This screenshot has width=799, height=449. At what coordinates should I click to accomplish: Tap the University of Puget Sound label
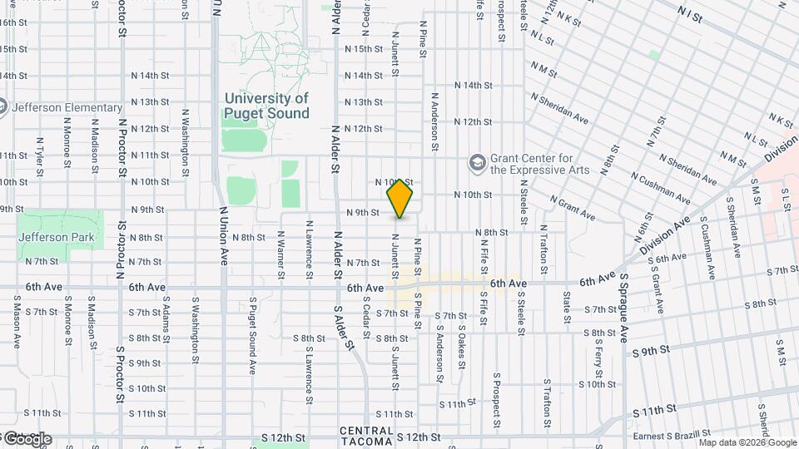266,106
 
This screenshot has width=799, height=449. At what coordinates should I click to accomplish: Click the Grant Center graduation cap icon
477,161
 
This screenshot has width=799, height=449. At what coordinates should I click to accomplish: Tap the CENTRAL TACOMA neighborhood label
367,436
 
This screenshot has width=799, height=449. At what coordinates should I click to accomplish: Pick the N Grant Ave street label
572,209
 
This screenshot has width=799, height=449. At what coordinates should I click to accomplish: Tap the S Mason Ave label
16,323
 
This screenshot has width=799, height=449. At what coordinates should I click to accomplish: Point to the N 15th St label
363,49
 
